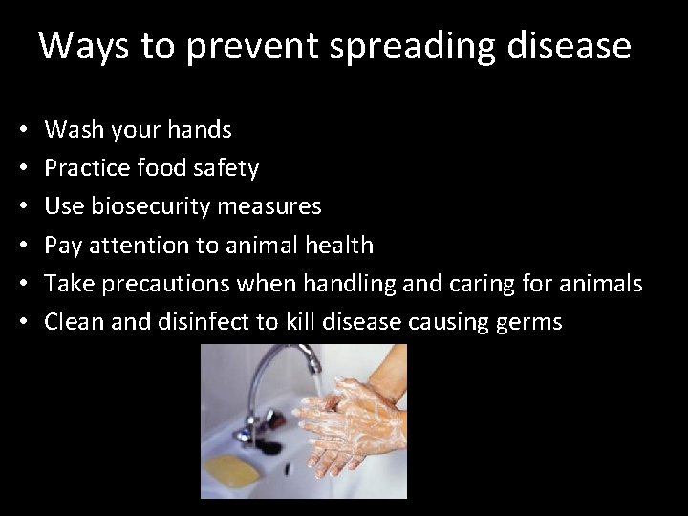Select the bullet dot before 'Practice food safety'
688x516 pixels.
(21, 168)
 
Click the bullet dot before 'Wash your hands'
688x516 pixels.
(21, 129)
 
